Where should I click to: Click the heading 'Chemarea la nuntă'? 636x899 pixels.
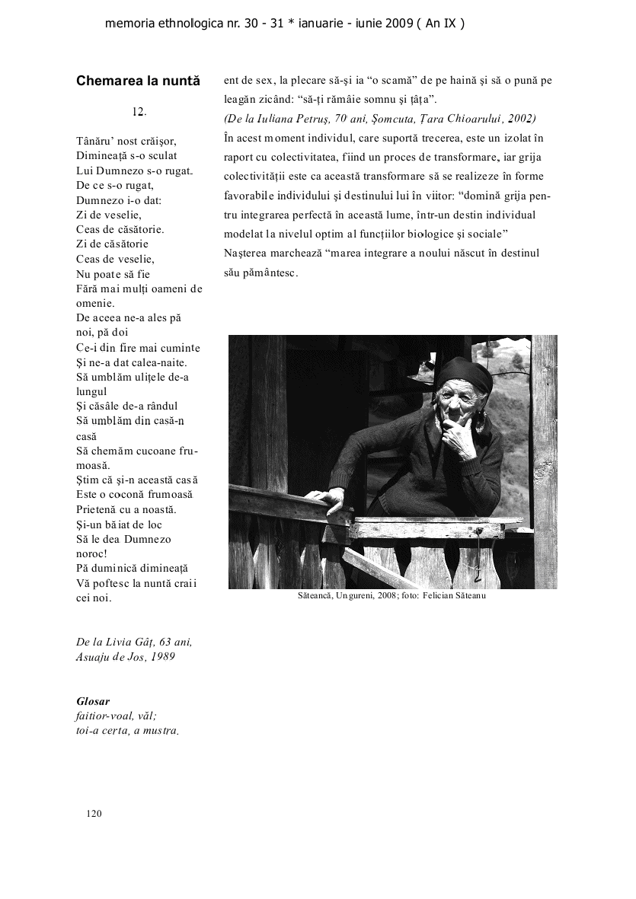pyautogui.click(x=138, y=81)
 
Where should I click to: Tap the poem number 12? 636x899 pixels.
pyautogui.click(x=139, y=112)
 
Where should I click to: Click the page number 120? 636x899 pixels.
pyautogui.click(x=94, y=813)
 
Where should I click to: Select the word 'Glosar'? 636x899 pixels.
pyautogui.click(x=93, y=700)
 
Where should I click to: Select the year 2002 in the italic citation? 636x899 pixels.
pyautogui.click(x=521, y=119)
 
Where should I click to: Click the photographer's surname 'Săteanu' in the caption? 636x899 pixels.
pyautogui.click(x=468, y=595)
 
